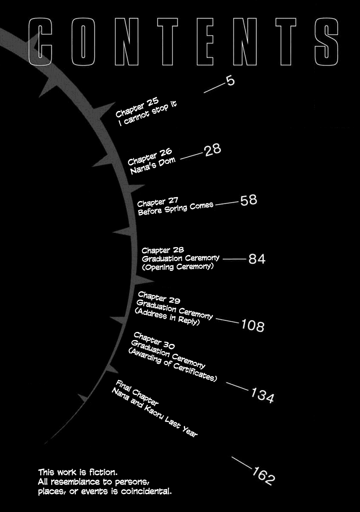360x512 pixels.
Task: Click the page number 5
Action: (230, 81)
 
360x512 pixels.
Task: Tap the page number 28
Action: (212, 151)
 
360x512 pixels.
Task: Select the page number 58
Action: (249, 200)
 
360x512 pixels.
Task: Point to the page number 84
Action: (257, 259)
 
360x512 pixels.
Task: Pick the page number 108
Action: (253, 326)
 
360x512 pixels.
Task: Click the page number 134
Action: (262, 396)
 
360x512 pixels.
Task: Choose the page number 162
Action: (263, 477)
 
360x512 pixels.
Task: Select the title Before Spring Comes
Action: (175, 209)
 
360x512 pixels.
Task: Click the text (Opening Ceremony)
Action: (177, 267)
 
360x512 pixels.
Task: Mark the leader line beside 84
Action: (234, 259)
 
